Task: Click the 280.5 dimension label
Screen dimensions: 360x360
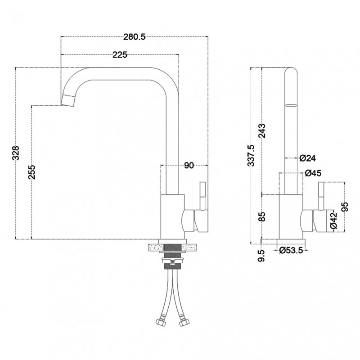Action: pyautogui.click(x=135, y=37)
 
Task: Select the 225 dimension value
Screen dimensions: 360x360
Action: pyautogui.click(x=120, y=55)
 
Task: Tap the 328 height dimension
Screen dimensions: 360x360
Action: pyautogui.click(x=16, y=153)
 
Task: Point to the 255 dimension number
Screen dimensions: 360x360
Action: pyautogui.click(x=31, y=172)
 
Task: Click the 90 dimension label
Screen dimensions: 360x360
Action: pyautogui.click(x=189, y=165)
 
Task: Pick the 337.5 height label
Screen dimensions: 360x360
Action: pyautogui.click(x=251, y=155)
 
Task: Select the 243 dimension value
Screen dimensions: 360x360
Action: pyautogui.click(x=262, y=130)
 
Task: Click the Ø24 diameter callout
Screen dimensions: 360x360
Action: pyautogui.click(x=308, y=158)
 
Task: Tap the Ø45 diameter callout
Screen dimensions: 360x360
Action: pyautogui.click(x=313, y=173)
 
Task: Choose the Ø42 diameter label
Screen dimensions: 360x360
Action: pyautogui.click(x=333, y=220)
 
